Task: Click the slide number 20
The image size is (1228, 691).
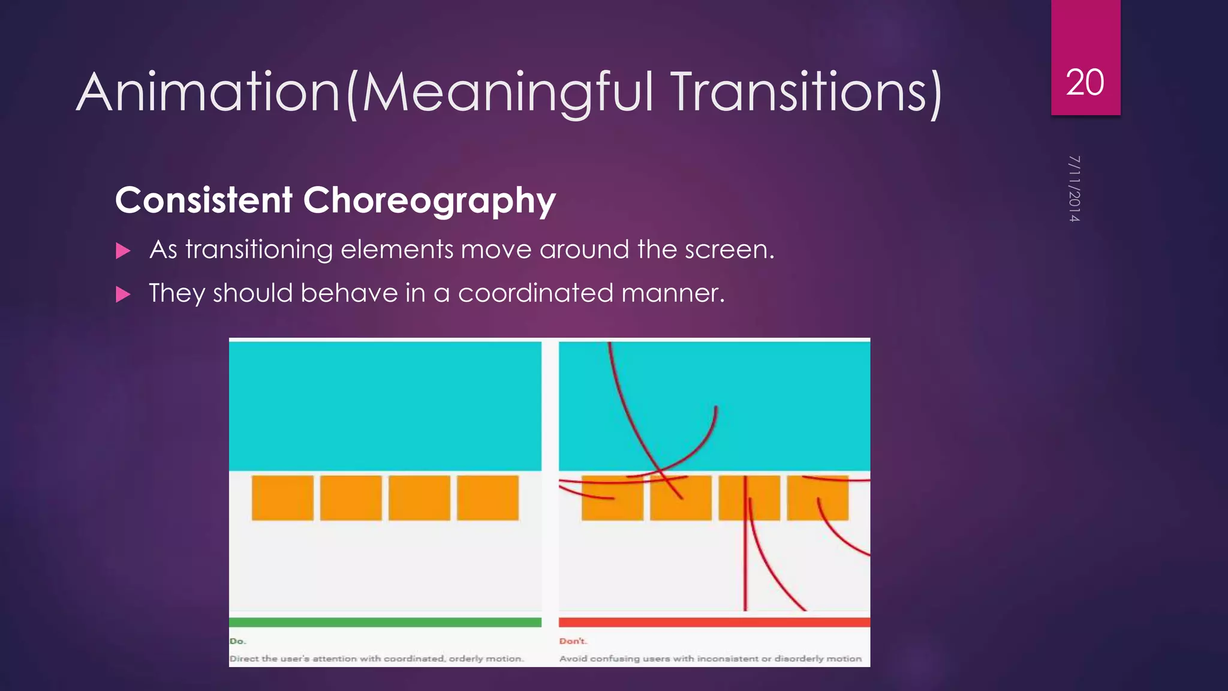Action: click(1085, 82)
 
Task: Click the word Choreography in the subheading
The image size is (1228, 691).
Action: click(429, 200)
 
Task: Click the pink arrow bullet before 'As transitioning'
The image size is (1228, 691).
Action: click(123, 251)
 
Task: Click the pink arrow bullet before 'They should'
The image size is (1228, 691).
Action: click(123, 294)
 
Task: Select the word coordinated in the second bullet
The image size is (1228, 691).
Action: click(535, 293)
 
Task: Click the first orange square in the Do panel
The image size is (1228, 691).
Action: click(282, 498)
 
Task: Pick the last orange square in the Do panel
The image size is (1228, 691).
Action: click(487, 498)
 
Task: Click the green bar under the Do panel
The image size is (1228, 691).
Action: click(385, 622)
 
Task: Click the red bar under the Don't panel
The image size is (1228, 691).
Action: click(714, 622)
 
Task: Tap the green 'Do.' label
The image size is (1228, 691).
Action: click(237, 641)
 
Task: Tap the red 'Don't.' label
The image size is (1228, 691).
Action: click(573, 641)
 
